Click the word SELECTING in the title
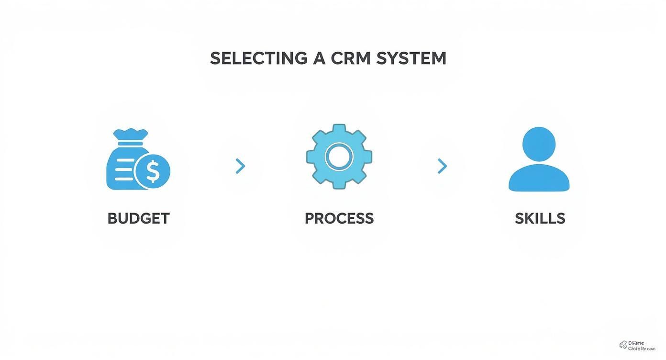(x=258, y=58)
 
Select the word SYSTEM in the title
(x=411, y=58)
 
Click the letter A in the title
(x=319, y=58)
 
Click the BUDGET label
(x=138, y=218)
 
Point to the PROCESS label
(x=339, y=218)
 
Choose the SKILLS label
(x=540, y=218)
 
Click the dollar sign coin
(x=153, y=171)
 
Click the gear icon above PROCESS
(x=339, y=157)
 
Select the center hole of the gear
(x=339, y=157)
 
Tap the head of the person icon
(x=539, y=143)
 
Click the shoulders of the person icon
(x=539, y=179)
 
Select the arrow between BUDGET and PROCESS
(x=240, y=166)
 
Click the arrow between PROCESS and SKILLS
(x=443, y=166)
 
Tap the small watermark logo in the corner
(x=623, y=345)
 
